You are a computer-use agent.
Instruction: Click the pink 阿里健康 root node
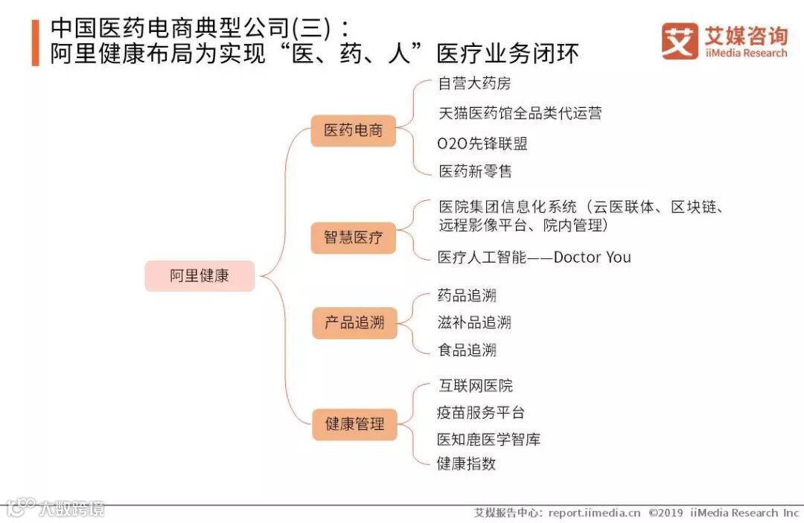(x=200, y=276)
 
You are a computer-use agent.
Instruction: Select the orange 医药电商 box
(x=353, y=130)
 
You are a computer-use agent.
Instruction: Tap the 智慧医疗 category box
(x=353, y=237)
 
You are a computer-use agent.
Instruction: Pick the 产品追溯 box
(x=354, y=323)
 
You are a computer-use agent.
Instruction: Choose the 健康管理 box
(x=354, y=424)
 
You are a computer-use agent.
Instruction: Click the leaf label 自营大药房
(x=474, y=84)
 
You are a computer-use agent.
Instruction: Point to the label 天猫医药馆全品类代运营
(x=520, y=113)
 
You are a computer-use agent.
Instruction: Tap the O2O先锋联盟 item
(x=482, y=143)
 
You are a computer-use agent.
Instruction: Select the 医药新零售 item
(x=475, y=172)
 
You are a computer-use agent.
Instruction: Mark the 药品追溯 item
(x=467, y=295)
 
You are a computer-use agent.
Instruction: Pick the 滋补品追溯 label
(x=474, y=322)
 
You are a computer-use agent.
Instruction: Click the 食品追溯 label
(x=467, y=350)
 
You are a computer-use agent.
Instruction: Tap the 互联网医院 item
(x=475, y=385)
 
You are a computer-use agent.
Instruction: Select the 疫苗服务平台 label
(x=481, y=412)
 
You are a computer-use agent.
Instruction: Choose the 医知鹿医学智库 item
(x=488, y=439)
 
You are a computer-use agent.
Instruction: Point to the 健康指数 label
(x=466, y=463)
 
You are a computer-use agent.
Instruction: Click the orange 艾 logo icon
(x=680, y=41)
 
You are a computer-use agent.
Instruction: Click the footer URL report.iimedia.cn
(x=594, y=513)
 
